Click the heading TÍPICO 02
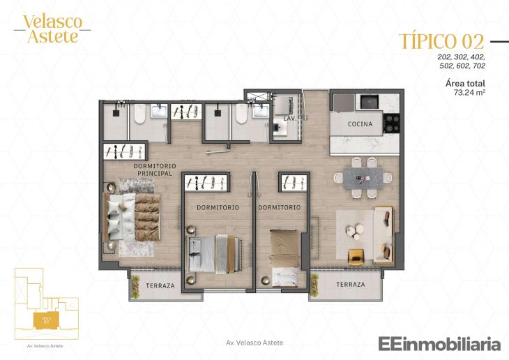(x=442, y=41)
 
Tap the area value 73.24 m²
(x=469, y=91)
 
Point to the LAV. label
(x=289, y=119)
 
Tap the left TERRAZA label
(x=160, y=285)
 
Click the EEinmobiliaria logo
(x=439, y=344)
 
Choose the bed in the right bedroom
(x=286, y=257)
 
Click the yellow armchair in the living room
(x=356, y=255)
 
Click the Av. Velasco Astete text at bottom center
(x=255, y=343)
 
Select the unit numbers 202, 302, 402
(x=461, y=56)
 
